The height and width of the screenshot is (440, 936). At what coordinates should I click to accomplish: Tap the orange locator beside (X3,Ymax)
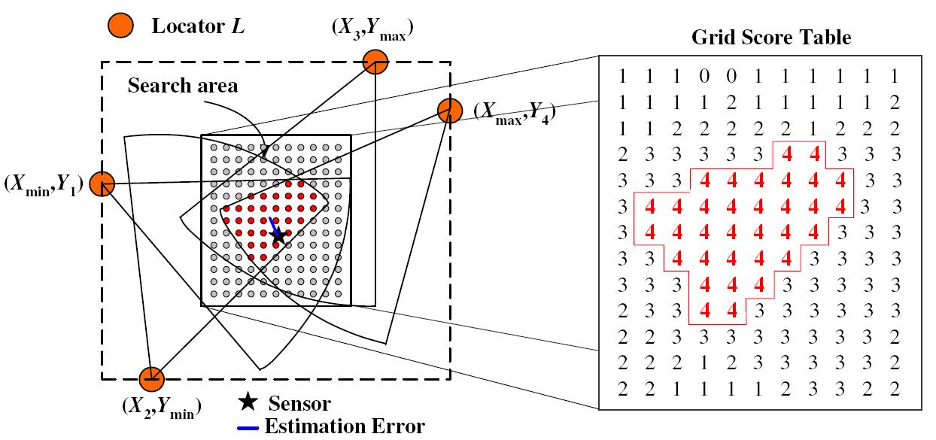[375, 63]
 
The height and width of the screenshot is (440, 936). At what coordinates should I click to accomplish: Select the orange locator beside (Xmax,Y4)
[449, 111]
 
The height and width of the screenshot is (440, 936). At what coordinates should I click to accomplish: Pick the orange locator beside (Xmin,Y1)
[102, 184]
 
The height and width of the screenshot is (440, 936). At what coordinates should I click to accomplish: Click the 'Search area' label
[183, 86]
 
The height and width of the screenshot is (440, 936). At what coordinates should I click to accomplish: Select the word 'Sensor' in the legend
[299, 405]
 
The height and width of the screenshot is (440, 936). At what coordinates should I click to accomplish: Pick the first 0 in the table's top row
[704, 76]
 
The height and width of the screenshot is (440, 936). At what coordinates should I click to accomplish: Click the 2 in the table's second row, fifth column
[731, 102]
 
